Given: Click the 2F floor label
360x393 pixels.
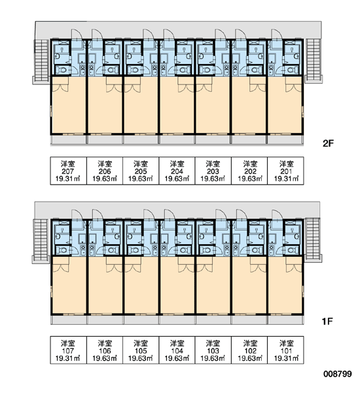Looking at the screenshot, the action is click(328, 143).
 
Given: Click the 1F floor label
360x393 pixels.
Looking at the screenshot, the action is click(327, 321).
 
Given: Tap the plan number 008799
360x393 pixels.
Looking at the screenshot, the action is click(338, 374).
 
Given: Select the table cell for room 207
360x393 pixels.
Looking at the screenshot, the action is click(68, 171).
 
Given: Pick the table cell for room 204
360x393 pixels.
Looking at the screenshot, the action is click(177, 171).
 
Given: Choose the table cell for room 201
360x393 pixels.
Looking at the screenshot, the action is click(286, 171).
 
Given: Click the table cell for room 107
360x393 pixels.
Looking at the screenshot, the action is click(68, 350).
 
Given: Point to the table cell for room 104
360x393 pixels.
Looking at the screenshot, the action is click(177, 350).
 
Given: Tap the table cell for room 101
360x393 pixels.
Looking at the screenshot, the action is click(286, 350).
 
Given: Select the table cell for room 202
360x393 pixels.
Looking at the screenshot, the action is click(249, 171).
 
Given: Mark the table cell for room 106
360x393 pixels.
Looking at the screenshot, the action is click(105, 350).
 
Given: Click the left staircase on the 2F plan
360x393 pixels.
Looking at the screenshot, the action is click(41, 61).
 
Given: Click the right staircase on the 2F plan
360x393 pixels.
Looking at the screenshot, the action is click(313, 60).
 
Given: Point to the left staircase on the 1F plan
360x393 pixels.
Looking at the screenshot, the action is click(41, 240).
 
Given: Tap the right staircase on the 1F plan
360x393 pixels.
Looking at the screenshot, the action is click(312, 240).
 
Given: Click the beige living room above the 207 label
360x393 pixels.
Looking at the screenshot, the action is click(69, 105).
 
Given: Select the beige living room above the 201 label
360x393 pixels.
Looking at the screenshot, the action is click(285, 105).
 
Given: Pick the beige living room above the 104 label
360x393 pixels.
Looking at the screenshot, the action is click(177, 285).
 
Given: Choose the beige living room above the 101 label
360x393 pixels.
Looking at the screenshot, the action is click(285, 285).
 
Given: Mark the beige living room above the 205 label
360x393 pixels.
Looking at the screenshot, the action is click(141, 105).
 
